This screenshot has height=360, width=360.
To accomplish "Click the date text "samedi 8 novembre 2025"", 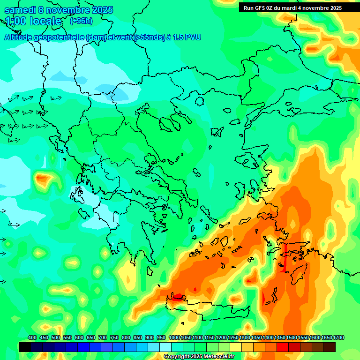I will (58, 10).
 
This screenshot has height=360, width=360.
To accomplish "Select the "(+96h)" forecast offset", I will (81, 21).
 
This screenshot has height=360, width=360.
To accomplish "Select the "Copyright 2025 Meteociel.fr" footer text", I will (199, 356).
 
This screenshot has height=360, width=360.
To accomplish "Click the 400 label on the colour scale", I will (32, 337).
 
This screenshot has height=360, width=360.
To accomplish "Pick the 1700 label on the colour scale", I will (338, 337).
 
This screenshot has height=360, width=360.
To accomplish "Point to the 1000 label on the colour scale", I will (174, 337).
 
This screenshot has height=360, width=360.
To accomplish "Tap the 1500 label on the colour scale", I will (291, 337).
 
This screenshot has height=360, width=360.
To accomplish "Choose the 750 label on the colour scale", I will (114, 337).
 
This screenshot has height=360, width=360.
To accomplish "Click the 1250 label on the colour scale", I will (232, 337).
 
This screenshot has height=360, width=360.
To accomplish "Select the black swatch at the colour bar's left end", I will (25, 347).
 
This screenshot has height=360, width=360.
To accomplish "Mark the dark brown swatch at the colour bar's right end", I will (330, 347).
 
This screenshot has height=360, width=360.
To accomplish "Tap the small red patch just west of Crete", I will (177, 296).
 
